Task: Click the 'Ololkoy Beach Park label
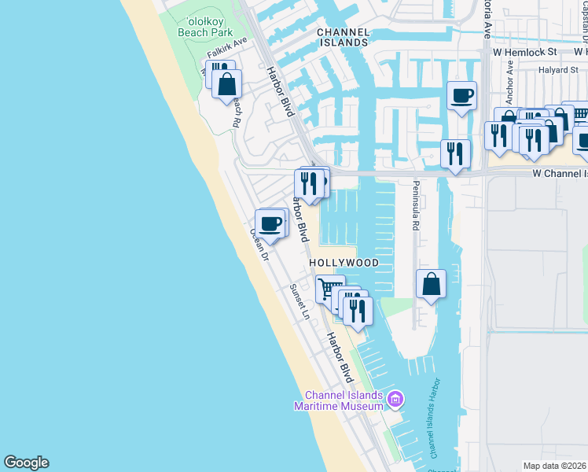coord(205,28)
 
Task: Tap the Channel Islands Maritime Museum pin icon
coord(395,400)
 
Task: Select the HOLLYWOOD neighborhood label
coord(344,263)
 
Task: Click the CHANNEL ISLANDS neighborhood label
coord(343,37)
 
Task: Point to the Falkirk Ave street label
coord(227,47)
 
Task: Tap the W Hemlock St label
coord(525,52)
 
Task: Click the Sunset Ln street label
coord(300,301)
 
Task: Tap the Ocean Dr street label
coord(259,245)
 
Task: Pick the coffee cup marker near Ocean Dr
coord(270,223)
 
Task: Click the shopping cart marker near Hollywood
coord(329,289)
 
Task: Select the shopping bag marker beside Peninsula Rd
coord(432,284)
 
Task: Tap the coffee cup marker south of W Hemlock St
coord(461,96)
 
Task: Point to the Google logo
coord(26,463)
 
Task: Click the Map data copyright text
coord(554,466)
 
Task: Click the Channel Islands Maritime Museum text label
coord(338,400)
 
